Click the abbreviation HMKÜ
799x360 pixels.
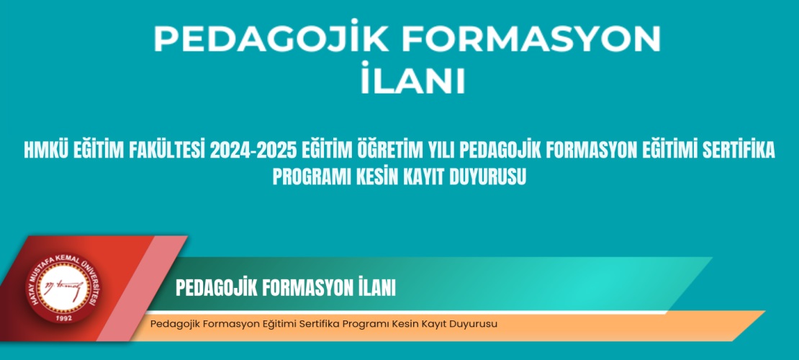[48, 151]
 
